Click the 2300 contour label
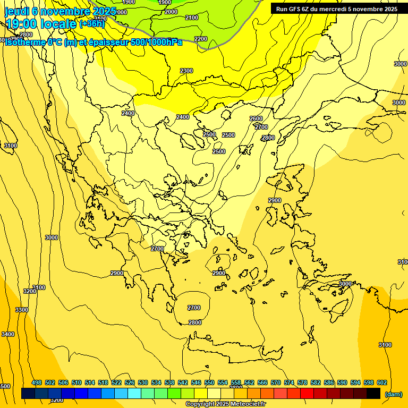pyautogui.click(x=186, y=71)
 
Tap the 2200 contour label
pyautogui.click(x=201, y=39)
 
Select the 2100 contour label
pyautogui.click(x=192, y=18)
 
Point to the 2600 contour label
pyautogui.click(x=256, y=118)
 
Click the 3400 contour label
pyautogui.click(x=8, y=334)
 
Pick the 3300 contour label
pyautogui.click(x=22, y=310)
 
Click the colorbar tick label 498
pyautogui.click(x=37, y=382)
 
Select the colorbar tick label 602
pyautogui.click(x=382, y=382)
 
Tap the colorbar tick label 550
pyautogui.click(x=209, y=382)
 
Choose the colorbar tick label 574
pyautogui.click(x=289, y=382)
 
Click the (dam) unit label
pyautogui.click(x=393, y=394)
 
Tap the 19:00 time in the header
pyautogui.click(x=21, y=24)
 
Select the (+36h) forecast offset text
pyautogui.click(x=92, y=24)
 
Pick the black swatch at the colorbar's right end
pyautogui.click(x=373, y=394)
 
